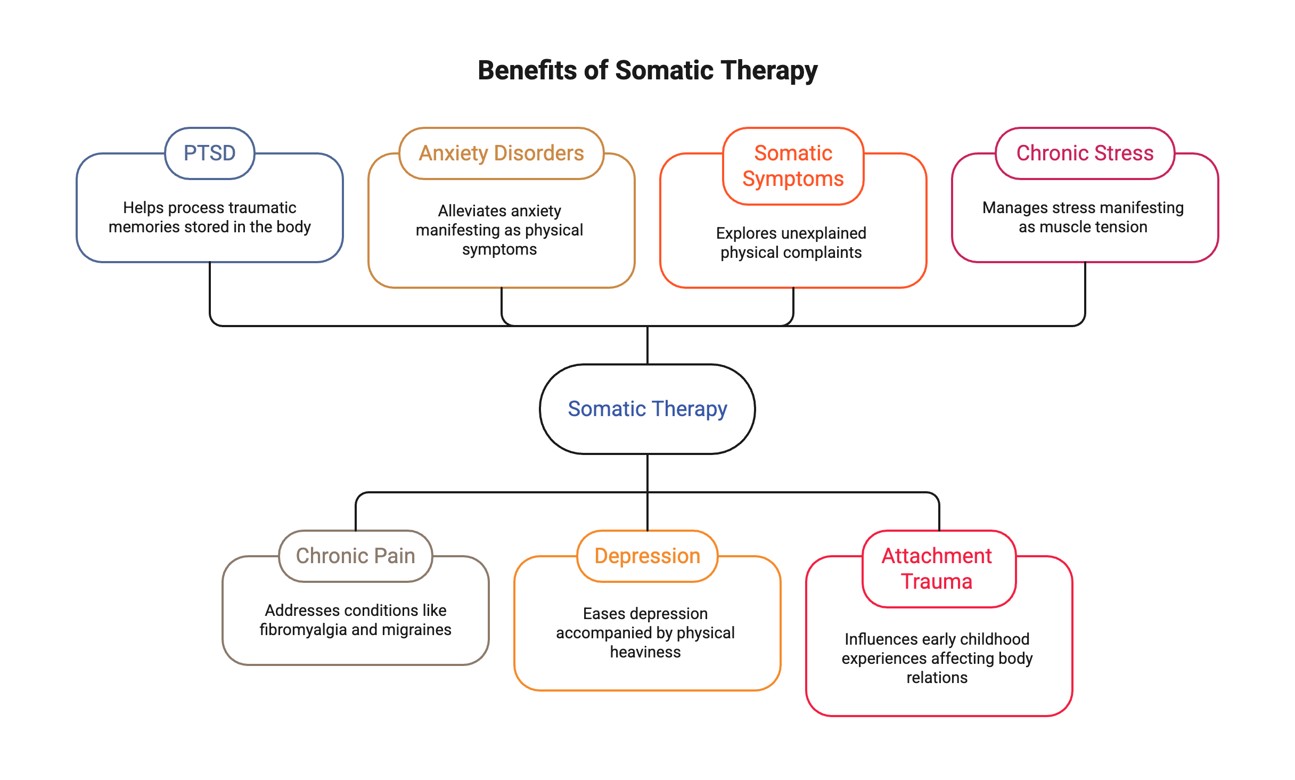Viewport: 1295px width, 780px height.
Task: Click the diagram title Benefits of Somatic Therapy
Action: (x=647, y=70)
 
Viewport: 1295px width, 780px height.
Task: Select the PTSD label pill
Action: (x=209, y=153)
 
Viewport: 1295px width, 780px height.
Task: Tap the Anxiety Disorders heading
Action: (x=501, y=153)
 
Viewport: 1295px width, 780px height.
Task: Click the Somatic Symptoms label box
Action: (x=793, y=166)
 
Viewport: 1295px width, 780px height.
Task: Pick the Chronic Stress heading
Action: (x=1085, y=153)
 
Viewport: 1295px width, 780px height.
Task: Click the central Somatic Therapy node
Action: (x=647, y=409)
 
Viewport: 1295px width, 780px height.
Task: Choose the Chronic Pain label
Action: (x=355, y=556)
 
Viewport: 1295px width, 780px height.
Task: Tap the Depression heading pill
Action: (x=647, y=556)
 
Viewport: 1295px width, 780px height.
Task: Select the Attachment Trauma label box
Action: (x=937, y=568)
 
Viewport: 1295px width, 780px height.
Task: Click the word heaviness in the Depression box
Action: (x=645, y=652)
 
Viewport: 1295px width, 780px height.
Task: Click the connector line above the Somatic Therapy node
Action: (x=647, y=345)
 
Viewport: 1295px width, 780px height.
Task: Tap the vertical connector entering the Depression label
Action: (x=647, y=511)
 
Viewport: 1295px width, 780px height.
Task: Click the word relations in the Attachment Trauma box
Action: (x=937, y=678)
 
